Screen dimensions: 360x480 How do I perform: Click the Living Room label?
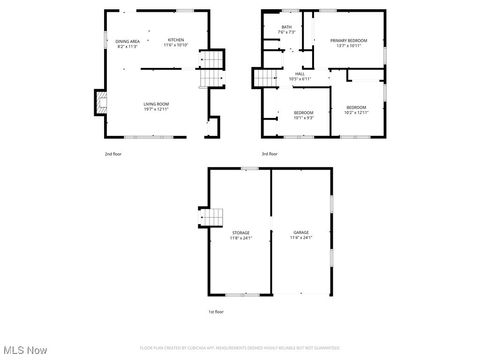point(155,103)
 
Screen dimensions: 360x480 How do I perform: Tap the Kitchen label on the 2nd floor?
point(176,40)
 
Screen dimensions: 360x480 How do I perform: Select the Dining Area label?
point(127,40)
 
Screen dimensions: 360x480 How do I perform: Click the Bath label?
point(286,27)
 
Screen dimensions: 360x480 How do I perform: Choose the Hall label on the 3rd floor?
point(299,73)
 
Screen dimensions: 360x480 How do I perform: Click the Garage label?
point(301,232)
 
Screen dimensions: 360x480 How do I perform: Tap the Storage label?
point(241,232)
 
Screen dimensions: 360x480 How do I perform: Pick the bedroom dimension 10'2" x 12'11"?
point(356,113)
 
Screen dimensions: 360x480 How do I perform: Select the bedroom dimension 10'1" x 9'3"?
point(303,116)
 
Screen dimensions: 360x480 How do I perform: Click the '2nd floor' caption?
point(115,154)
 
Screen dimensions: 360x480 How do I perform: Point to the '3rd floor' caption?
point(271,154)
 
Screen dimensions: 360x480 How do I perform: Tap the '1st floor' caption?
point(216,312)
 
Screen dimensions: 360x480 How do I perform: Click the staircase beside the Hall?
point(263,78)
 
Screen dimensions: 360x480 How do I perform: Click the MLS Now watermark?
point(25,350)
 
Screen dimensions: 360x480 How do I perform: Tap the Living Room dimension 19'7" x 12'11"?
point(155,108)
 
